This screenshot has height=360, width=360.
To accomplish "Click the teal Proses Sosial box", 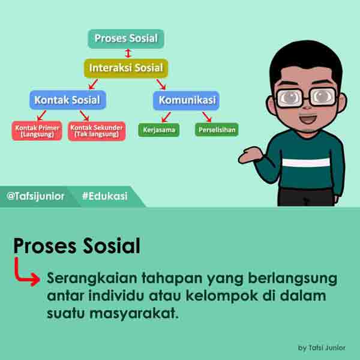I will (x=126, y=39).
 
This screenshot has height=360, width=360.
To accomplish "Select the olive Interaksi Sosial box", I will (x=126, y=68).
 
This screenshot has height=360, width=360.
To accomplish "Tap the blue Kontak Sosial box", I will (x=67, y=100).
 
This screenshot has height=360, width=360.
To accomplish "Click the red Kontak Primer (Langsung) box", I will (x=37, y=130).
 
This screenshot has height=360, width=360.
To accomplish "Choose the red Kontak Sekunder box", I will (x=97, y=130).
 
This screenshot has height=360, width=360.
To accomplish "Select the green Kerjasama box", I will (x=158, y=130).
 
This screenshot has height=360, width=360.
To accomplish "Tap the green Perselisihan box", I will (x=217, y=130).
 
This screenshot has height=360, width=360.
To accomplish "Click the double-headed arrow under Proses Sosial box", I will (x=127, y=53).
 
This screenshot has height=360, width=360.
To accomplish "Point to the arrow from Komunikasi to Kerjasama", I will (x=166, y=116).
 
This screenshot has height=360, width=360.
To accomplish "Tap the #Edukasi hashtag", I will (x=104, y=196).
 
